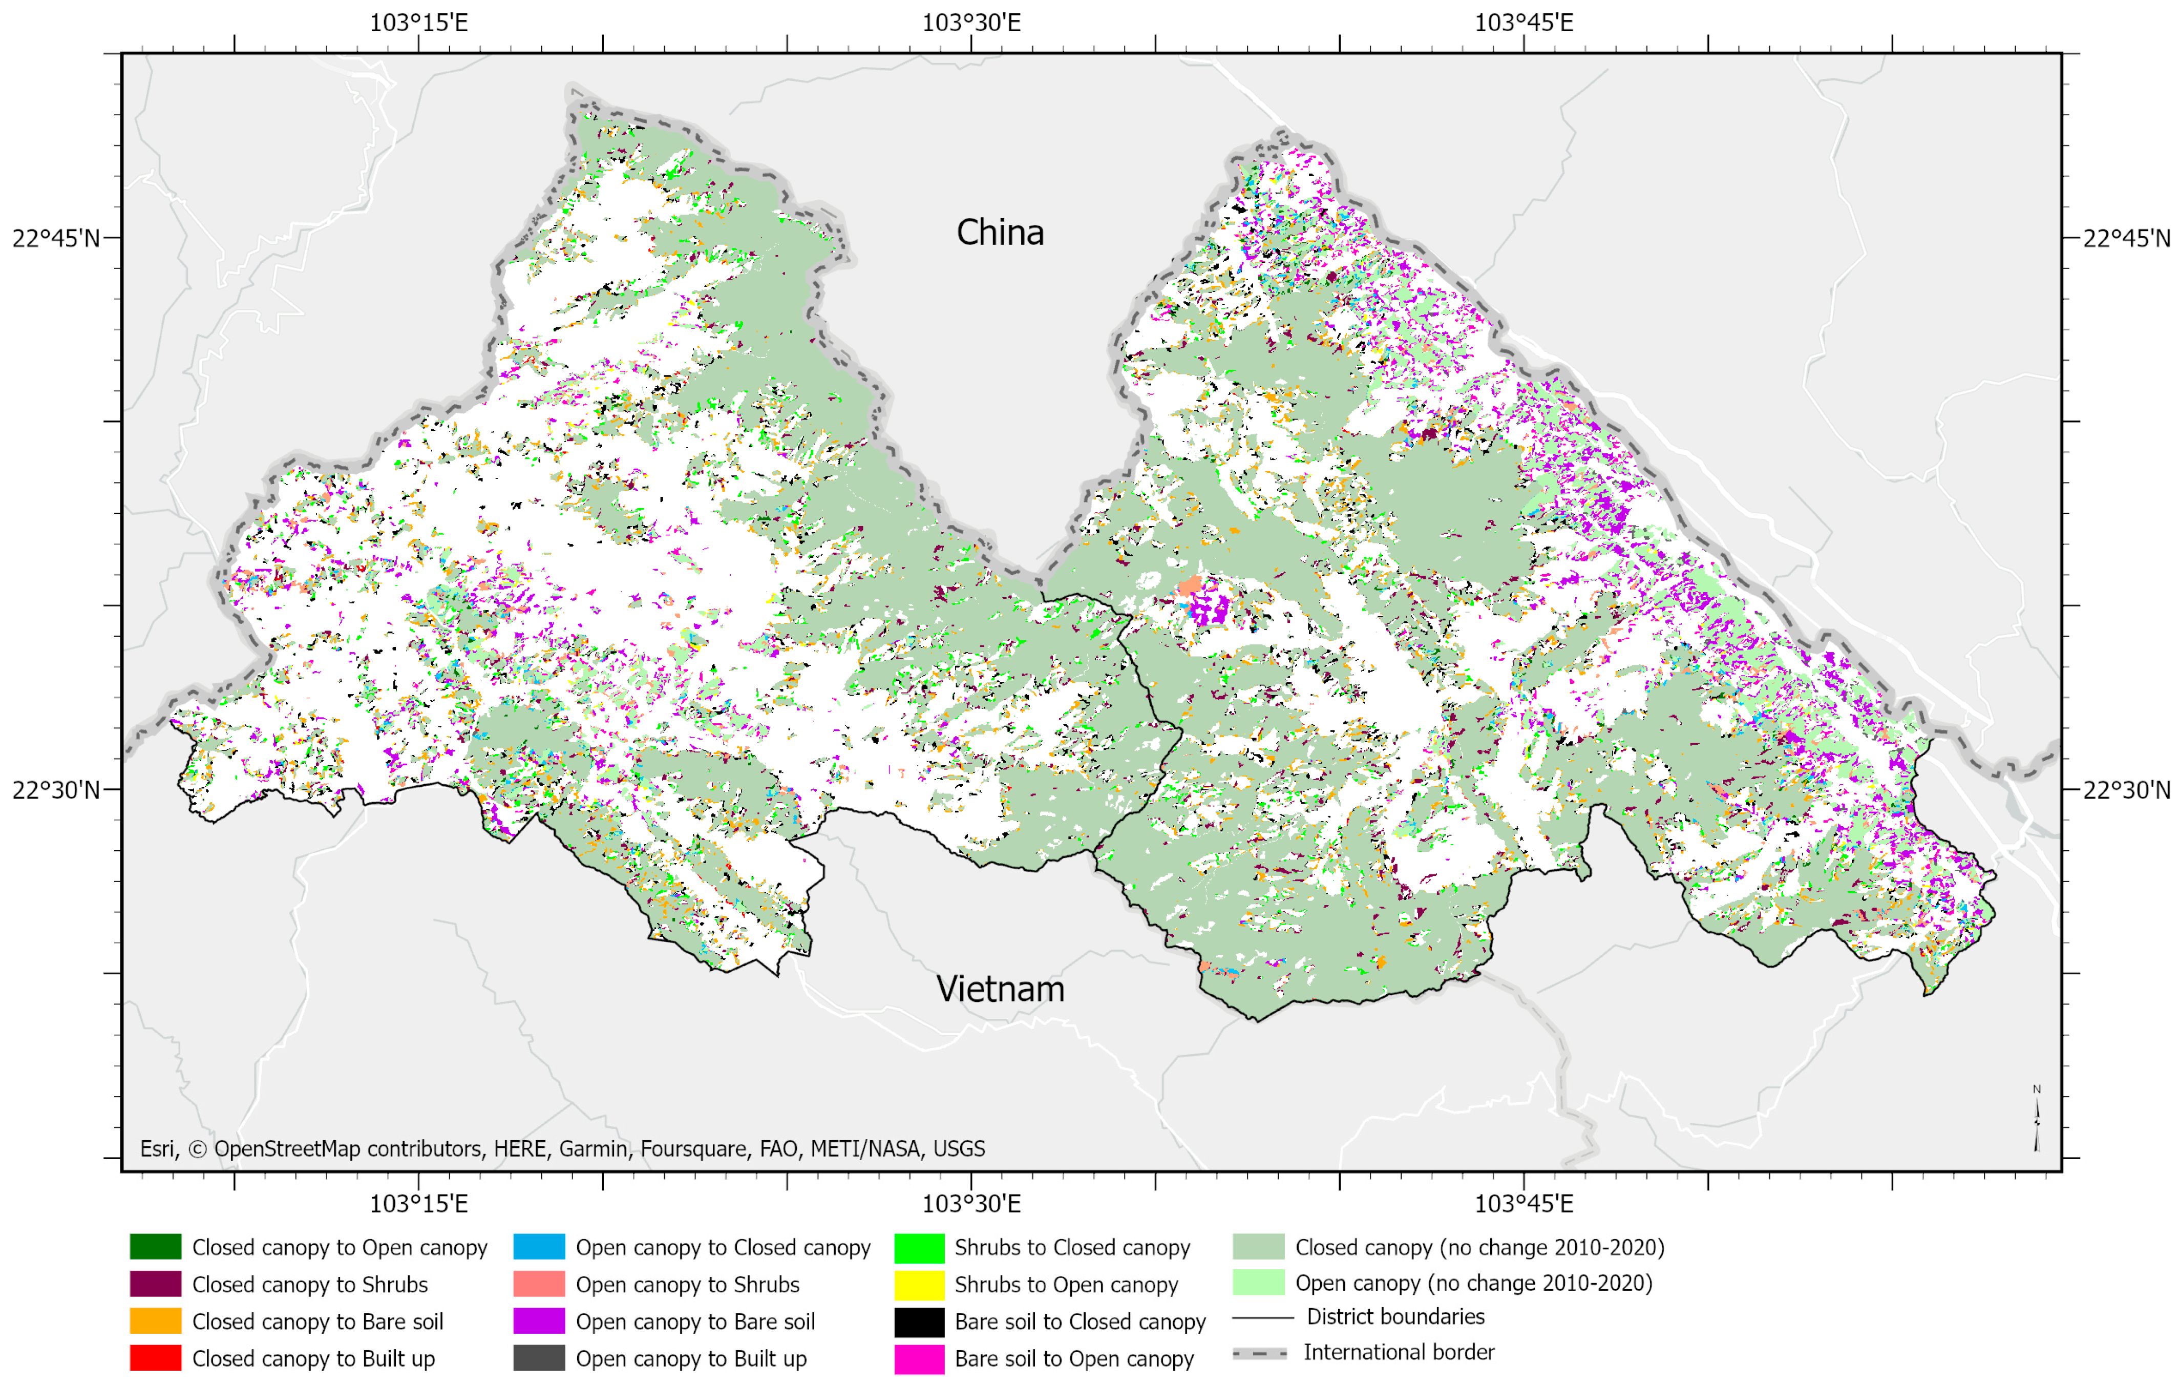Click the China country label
coord(1000,233)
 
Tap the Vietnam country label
coord(1000,989)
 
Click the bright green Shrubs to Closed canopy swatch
coord(919,1246)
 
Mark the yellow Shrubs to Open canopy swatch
coord(919,1284)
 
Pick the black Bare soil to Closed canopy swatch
coord(919,1320)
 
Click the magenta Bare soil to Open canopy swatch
coord(919,1358)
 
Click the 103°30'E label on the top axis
coord(971,23)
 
